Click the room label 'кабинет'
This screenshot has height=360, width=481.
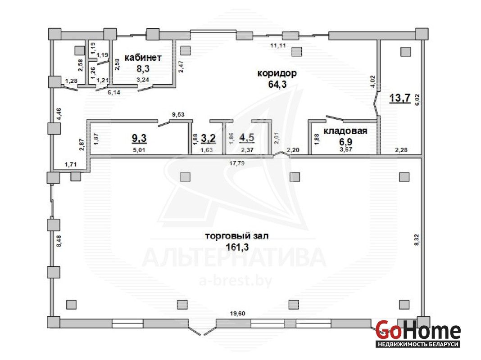point(143,58)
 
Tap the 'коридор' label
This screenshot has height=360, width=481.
point(277,73)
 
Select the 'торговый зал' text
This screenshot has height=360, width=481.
point(236,236)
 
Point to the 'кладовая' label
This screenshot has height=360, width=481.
point(345,131)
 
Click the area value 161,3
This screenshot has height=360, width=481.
point(237,247)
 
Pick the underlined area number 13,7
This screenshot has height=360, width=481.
point(400,98)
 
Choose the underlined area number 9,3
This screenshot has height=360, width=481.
point(139,138)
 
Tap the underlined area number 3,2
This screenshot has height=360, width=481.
point(209,138)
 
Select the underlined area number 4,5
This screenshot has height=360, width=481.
point(247,138)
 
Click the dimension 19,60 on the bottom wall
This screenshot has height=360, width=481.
point(237,314)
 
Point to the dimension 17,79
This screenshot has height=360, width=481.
point(237,163)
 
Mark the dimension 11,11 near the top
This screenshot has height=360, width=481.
point(278,45)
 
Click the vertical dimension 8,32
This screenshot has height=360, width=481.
point(416,240)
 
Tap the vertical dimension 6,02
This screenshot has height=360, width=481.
point(417,100)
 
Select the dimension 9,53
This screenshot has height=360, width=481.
point(178,115)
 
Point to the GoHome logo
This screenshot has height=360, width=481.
point(418,333)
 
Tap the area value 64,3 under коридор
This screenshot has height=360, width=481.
point(277,84)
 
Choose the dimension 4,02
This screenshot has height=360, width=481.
point(373,82)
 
